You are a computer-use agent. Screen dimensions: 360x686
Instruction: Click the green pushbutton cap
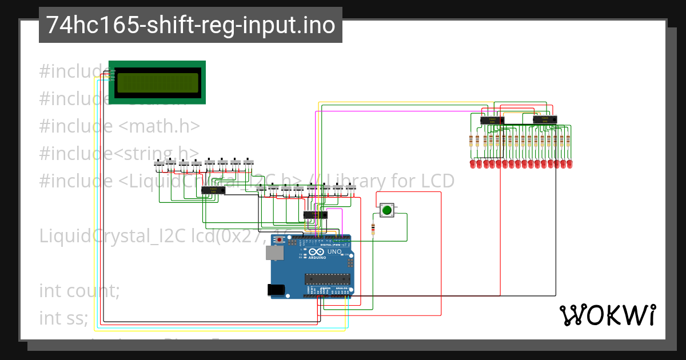[387, 210]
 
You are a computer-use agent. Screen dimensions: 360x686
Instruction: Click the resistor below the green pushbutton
[373, 229]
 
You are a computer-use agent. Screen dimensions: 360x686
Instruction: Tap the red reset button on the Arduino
[280, 241]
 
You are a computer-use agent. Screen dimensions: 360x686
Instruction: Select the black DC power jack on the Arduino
[277, 290]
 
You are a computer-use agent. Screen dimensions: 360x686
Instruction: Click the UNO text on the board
[334, 252]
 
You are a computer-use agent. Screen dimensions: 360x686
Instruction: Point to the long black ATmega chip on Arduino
[327, 279]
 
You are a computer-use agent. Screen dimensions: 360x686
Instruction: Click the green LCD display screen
[157, 83]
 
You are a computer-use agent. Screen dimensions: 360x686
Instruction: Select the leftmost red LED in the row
[472, 164]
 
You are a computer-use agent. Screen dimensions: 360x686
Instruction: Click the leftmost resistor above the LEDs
[472, 140]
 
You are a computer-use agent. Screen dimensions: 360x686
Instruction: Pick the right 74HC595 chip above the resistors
[544, 119]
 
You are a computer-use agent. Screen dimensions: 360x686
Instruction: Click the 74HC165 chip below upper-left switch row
[213, 190]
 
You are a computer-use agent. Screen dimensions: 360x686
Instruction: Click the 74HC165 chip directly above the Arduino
[315, 215]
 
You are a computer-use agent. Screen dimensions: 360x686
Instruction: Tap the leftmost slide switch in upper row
[159, 165]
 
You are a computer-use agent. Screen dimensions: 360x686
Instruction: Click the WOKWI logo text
[607, 315]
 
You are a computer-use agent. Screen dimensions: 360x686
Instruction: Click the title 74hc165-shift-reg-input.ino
[190, 25]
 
